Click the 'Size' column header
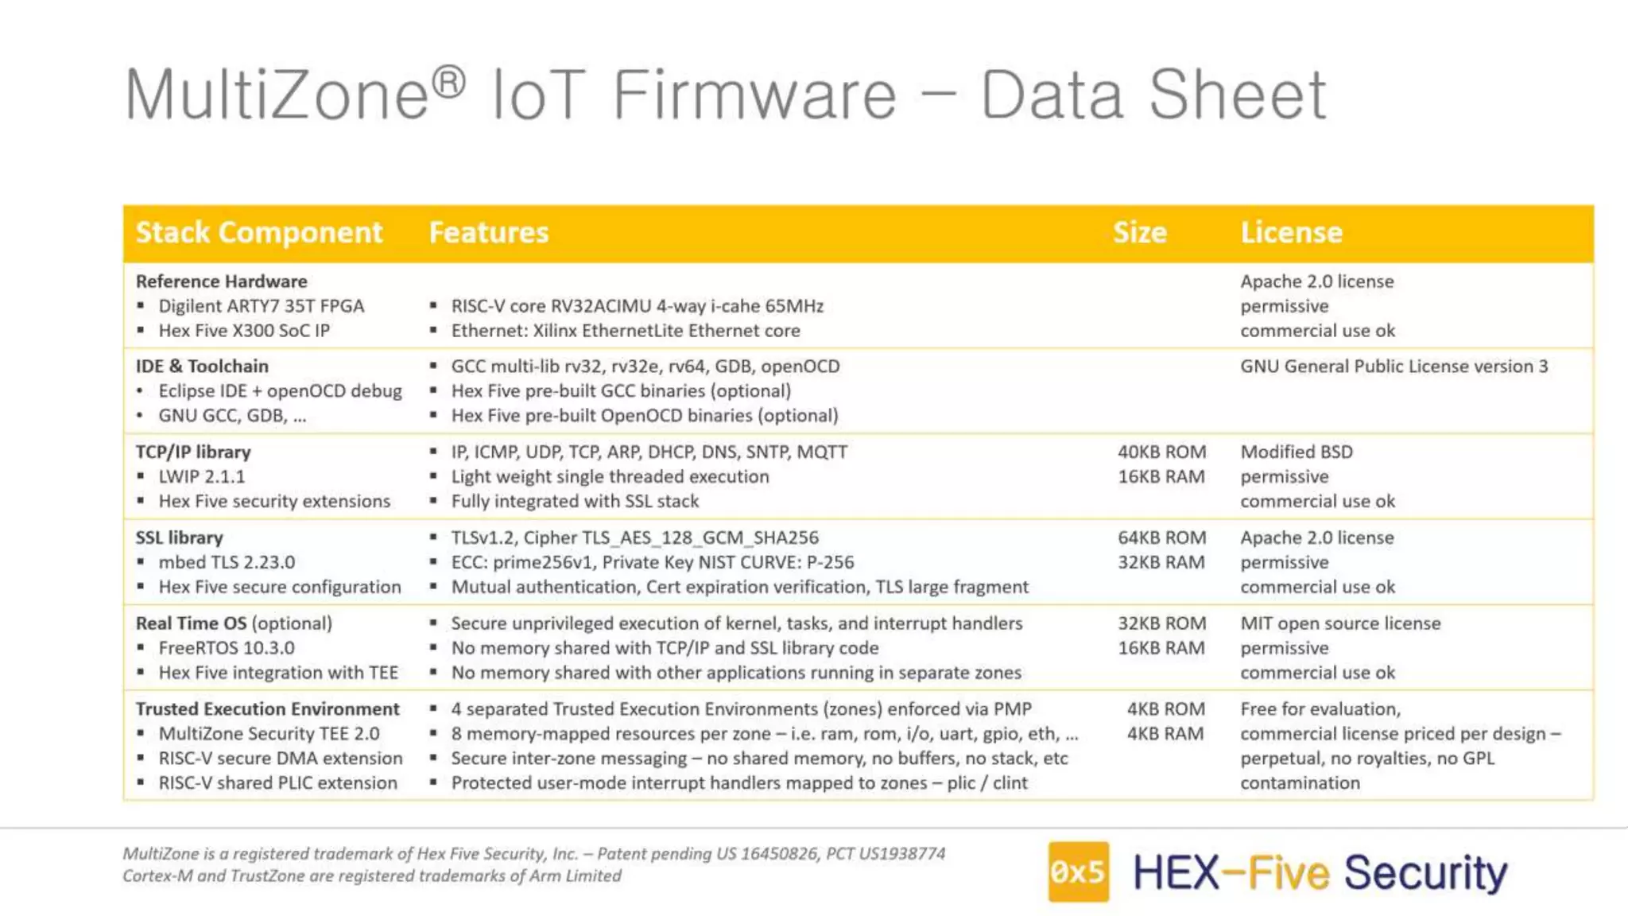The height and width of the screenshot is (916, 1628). [1139, 232]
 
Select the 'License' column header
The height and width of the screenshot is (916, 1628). [1291, 232]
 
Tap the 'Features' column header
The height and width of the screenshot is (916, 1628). [488, 232]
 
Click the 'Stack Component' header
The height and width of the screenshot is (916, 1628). [259, 232]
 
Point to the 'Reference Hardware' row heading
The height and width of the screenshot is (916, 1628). [221, 281]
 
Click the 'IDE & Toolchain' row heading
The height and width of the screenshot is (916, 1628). [202, 367]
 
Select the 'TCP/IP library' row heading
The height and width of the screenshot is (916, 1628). [193, 452]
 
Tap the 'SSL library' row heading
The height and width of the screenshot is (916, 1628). [179, 538]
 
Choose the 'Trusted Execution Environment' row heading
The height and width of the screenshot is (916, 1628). [267, 709]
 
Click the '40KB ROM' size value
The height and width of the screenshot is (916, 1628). [1161, 452]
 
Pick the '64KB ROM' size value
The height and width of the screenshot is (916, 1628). [1161, 538]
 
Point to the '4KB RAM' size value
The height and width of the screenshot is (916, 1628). [1165, 734]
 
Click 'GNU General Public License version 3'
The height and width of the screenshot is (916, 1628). [1393, 367]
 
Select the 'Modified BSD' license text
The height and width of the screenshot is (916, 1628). [1297, 452]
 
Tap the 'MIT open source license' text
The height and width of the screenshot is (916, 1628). [1340, 623]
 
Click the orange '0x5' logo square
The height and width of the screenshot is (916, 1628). [1078, 872]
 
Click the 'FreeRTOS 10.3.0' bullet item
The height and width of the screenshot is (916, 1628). [227, 648]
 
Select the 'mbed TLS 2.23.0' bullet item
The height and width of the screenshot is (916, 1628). [227, 563]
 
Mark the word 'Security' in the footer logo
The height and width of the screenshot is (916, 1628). [1425, 873]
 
